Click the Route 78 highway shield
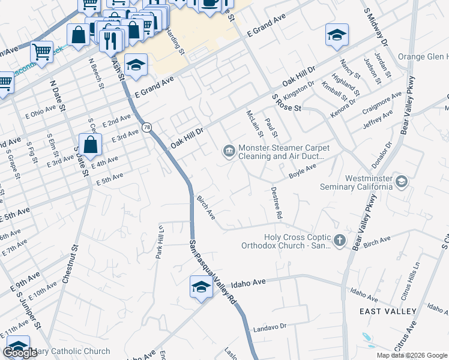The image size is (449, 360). tap(147, 128)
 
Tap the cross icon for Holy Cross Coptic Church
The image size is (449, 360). tap(340, 241)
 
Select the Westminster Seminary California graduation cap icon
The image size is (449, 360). tap(401, 181)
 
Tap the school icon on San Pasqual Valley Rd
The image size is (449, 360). tap(201, 286)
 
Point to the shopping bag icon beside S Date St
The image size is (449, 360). tap(90, 144)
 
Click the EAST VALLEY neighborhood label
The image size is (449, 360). tap(388, 311)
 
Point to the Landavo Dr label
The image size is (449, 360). tap(271, 326)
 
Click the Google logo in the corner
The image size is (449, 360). tap(20, 353)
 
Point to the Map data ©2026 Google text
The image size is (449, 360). tap(412, 355)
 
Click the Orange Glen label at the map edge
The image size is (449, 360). tap(423, 56)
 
